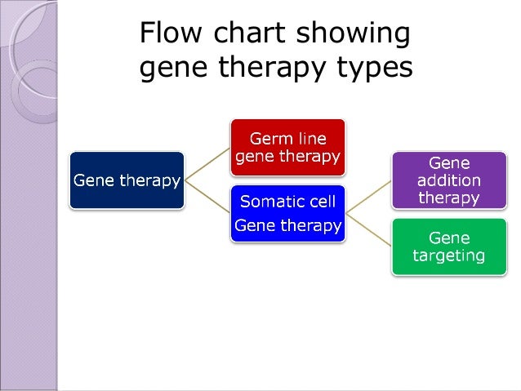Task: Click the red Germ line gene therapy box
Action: pyautogui.click(x=287, y=148)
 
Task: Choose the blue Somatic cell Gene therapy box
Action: pyautogui.click(x=287, y=213)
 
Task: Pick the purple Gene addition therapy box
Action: pyautogui.click(x=448, y=180)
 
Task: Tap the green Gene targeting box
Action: pyautogui.click(x=448, y=247)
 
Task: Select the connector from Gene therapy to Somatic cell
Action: pyautogui.click(x=207, y=196)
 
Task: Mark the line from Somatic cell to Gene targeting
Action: pyautogui.click(x=368, y=229)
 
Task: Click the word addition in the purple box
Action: pyautogui.click(x=448, y=180)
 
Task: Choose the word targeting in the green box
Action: pyautogui.click(x=448, y=256)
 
